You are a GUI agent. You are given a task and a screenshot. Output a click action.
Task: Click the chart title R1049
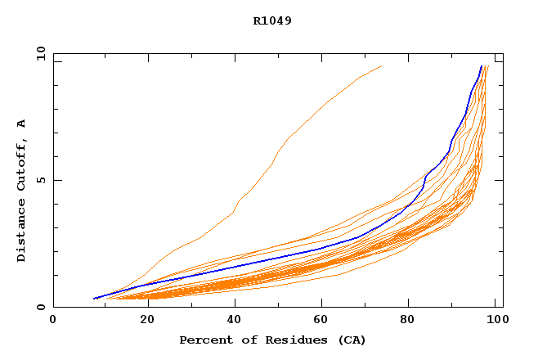(272, 21)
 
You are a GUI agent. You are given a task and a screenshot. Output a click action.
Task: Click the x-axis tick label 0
(53, 320)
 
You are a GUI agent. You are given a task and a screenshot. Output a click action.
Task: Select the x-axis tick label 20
(141, 320)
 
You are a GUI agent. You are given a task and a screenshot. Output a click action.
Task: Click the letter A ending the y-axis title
(21, 124)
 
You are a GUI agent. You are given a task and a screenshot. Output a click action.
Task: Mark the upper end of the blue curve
(482, 66)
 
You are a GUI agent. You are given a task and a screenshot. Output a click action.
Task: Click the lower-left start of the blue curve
(94, 299)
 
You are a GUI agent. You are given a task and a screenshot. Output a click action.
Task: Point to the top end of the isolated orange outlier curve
(381, 66)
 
